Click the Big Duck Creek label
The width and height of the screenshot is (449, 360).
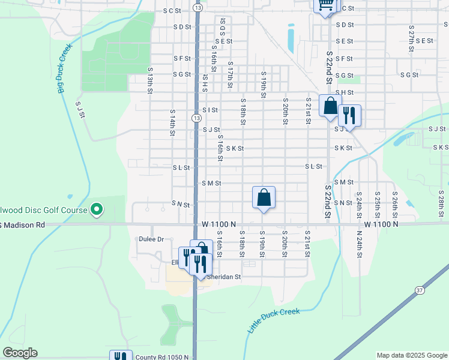coord(65,69)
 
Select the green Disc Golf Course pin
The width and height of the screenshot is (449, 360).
coord(96,209)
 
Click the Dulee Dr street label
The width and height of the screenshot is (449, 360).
coord(151,239)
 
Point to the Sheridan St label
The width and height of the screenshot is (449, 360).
coord(224,277)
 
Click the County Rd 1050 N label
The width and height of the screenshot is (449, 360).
coord(158,357)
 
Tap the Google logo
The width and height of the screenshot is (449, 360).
coord(20,353)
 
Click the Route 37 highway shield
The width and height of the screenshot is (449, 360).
coord(419,290)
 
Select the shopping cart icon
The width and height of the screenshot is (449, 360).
coord(325,5)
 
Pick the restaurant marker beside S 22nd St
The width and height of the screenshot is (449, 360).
coord(349,114)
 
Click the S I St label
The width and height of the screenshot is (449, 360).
coord(209,110)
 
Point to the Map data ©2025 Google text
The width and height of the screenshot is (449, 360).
coord(412,355)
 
